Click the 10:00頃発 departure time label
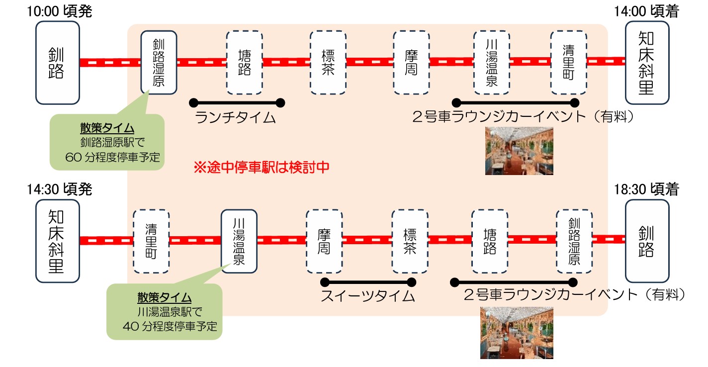tap(60, 11)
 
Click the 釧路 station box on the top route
tap(58, 63)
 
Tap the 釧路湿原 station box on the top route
tap(159, 63)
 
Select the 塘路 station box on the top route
tap(244, 63)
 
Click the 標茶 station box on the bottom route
tap(410, 241)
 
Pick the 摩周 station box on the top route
tap(411, 63)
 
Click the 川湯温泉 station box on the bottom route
tap(239, 241)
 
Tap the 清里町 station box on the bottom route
tap(151, 241)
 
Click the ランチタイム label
tap(236, 118)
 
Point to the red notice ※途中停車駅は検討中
tap(261, 167)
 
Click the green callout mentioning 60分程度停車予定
tap(107, 142)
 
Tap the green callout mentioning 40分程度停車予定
tap(164, 312)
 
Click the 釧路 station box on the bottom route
tap(646, 241)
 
